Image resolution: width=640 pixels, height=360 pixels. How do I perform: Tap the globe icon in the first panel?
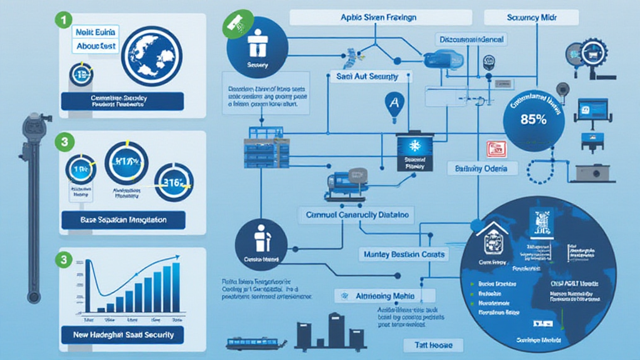[x=151, y=56]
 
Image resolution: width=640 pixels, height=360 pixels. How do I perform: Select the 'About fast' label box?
[x=96, y=46]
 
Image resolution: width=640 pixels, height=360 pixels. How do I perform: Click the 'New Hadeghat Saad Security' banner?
[x=123, y=335]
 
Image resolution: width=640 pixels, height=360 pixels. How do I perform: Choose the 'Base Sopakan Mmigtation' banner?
[x=123, y=220]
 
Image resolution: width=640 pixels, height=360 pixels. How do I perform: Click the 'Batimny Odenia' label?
[x=482, y=169]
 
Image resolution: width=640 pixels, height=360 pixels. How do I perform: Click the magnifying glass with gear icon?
[x=589, y=53]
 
